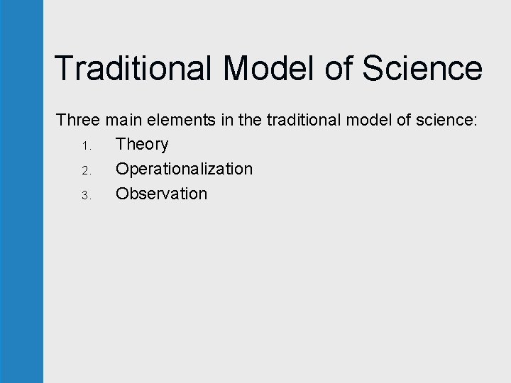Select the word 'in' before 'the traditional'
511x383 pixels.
tap(227, 120)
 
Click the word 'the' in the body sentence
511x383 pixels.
tap(250, 120)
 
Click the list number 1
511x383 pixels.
tap(84, 146)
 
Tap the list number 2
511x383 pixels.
tap(84, 171)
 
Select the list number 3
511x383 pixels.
tap(84, 196)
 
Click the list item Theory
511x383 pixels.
tap(142, 145)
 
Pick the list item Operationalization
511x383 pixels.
tap(184, 170)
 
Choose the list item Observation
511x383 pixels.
tap(161, 194)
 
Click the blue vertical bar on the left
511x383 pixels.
tap(21, 191)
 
